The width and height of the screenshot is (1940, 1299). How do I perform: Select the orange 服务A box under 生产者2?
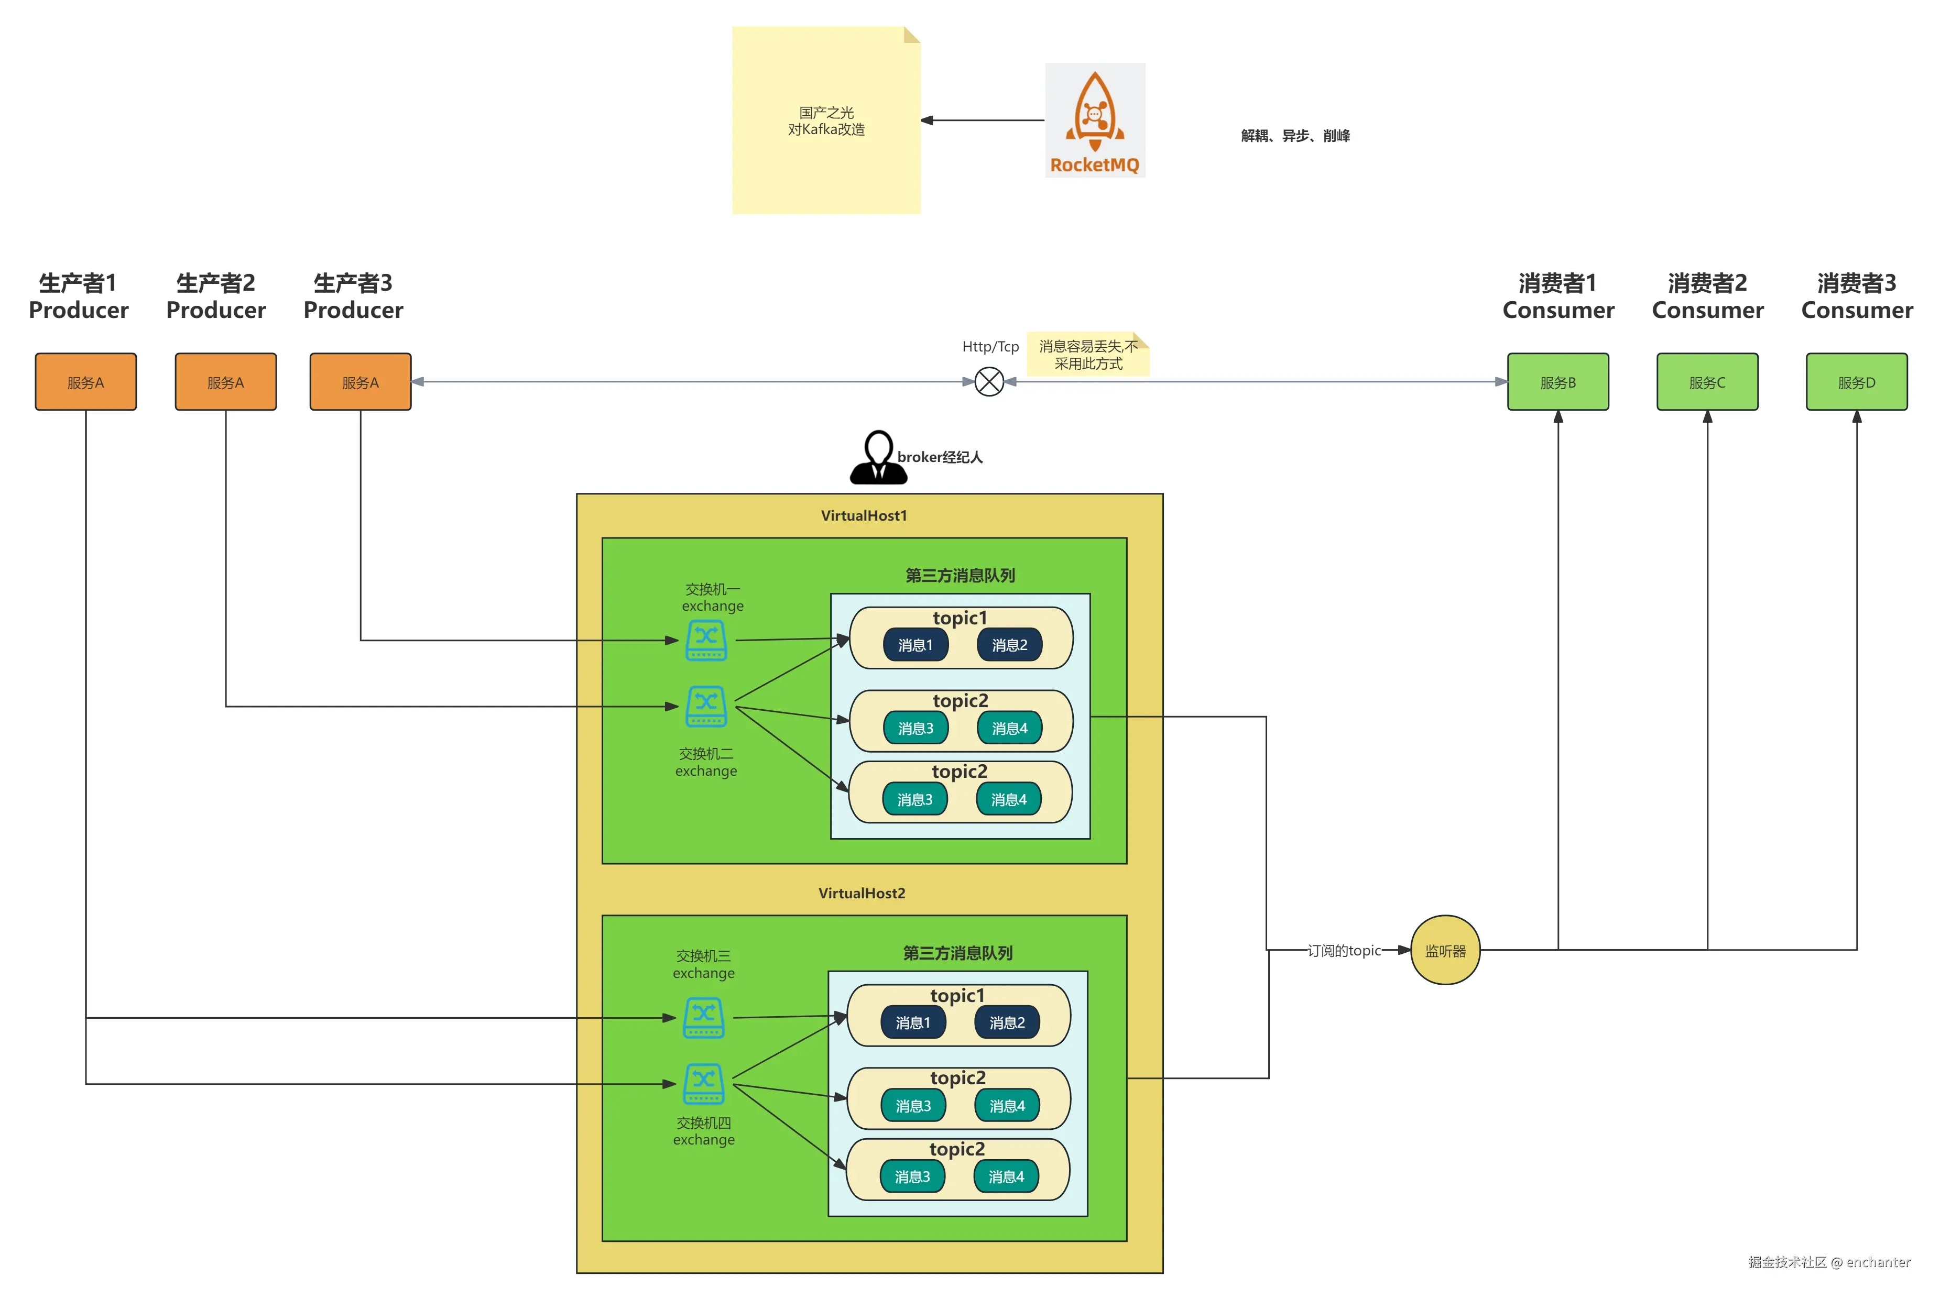(225, 382)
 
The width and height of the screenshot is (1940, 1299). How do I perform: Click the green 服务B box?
(1557, 382)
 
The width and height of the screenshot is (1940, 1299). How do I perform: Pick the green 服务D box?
(1856, 382)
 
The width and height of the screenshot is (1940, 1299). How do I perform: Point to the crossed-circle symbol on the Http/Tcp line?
(989, 382)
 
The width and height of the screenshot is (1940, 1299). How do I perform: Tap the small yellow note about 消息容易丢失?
(1087, 355)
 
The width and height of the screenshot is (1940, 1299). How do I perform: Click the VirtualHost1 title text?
(864, 515)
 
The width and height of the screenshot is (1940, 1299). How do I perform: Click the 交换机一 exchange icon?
(706, 641)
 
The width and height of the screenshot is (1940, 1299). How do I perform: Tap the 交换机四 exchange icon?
(704, 1084)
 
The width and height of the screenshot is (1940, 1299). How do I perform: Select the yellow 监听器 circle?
(1444, 950)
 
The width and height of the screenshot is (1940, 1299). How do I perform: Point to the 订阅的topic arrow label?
(1343, 950)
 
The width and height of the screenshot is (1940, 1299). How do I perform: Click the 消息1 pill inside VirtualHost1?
(915, 645)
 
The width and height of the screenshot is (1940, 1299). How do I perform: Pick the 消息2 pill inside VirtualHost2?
(1007, 1022)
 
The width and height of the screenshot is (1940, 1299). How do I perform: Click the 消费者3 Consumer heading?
(1856, 296)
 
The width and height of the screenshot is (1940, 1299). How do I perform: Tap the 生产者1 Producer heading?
(79, 296)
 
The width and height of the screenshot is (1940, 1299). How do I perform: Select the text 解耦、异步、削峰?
(1294, 136)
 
